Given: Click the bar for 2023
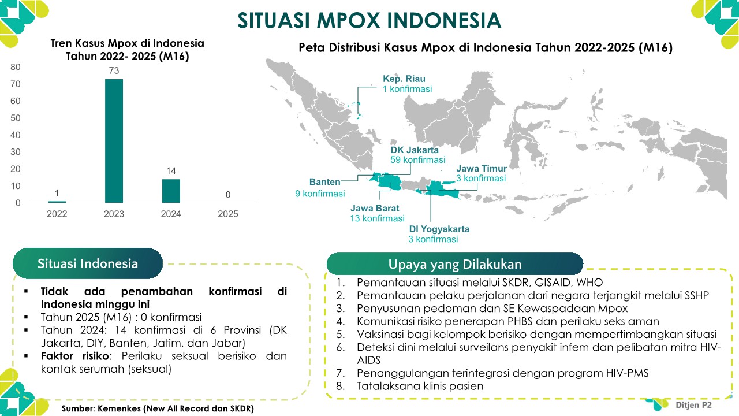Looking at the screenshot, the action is tap(114, 141).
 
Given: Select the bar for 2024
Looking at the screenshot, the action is tap(171, 191).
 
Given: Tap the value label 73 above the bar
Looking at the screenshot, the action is tap(114, 70).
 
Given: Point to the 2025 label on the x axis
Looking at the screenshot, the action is tap(228, 214).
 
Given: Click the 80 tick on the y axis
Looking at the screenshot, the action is tap(16, 67).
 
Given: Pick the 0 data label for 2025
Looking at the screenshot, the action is tap(228, 195).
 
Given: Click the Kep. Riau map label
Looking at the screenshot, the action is tap(404, 79).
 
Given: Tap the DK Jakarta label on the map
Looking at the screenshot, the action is tap(415, 150).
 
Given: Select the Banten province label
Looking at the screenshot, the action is tap(324, 182).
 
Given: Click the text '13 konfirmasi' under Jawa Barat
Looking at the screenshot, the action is tap(377, 218).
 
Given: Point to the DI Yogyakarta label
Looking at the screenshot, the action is tap(439, 229).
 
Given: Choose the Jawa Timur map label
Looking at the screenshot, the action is tap(482, 168).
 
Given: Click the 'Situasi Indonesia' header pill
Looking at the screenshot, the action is tap(88, 263).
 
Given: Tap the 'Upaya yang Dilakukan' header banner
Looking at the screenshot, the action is tap(455, 264).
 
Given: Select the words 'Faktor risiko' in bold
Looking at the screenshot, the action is tap(75, 356).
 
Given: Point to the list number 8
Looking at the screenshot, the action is tap(340, 386).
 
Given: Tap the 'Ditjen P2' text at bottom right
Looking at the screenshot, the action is tap(693, 405).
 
